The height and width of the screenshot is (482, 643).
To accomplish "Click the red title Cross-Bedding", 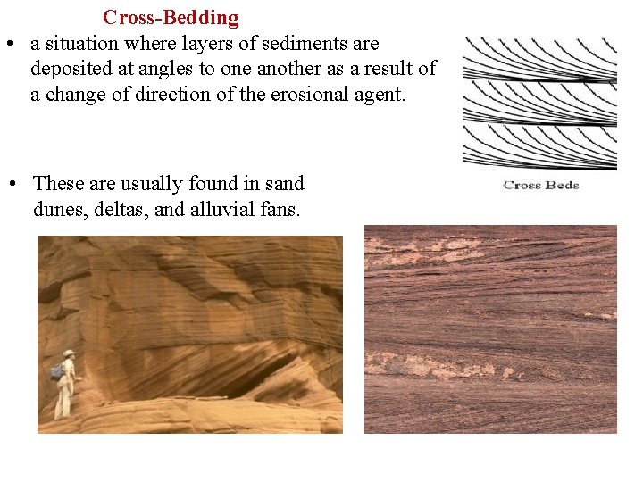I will point(171,18).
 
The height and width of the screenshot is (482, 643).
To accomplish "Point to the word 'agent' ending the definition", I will point(380,94).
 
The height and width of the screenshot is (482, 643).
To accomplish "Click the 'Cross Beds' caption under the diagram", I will point(541,186).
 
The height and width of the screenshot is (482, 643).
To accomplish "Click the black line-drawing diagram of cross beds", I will point(540,103).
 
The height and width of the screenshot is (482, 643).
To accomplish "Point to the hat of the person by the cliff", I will point(69,353).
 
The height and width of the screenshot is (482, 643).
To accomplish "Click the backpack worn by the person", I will point(58,370).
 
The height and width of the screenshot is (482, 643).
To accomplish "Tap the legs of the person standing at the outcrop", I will point(64,403).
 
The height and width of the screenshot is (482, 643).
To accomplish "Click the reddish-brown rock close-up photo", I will point(490,328).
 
